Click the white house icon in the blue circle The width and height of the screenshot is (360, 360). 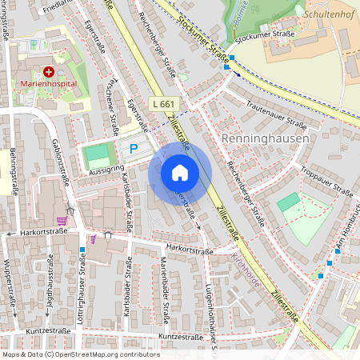180,173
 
